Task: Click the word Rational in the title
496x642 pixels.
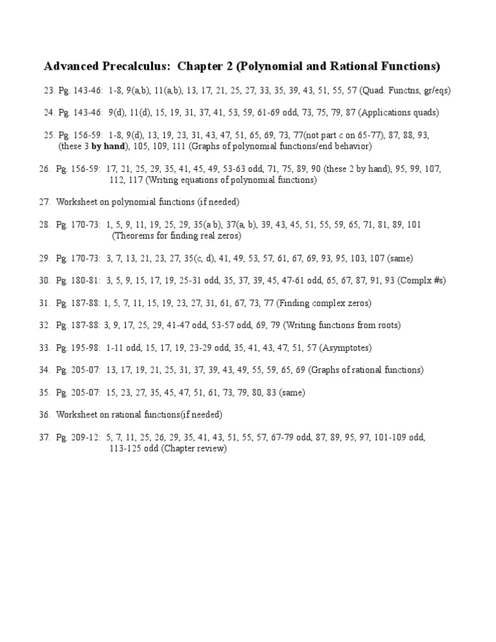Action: click(364, 67)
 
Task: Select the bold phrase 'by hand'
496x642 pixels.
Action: click(108, 146)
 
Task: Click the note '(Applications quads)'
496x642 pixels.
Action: click(398, 112)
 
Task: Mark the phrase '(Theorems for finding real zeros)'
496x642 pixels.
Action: click(176, 236)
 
